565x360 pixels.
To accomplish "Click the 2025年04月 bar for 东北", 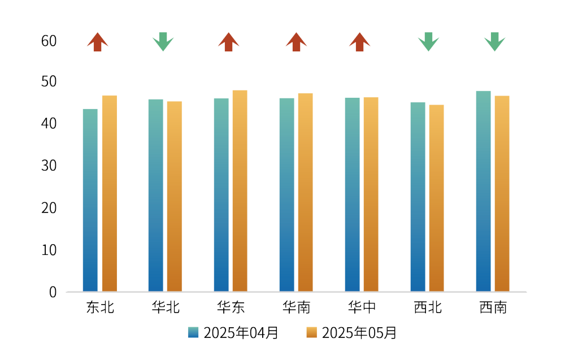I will [x=90, y=200].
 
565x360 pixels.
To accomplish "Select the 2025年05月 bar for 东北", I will [x=109, y=193].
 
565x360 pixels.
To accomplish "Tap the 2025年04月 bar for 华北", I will [x=155, y=196].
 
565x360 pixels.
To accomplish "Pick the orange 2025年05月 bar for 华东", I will [x=240, y=191].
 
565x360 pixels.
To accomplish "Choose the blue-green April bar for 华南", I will [x=286, y=195].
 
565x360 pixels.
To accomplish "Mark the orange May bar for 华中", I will [x=371, y=194].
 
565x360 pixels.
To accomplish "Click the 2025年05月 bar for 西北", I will [x=436, y=198].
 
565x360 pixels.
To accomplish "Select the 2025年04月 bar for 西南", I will [x=483, y=191].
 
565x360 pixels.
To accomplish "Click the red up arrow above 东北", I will [x=98, y=42].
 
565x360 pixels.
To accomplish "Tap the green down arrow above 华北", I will [x=163, y=42].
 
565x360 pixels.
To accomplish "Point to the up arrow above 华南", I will [x=296, y=42].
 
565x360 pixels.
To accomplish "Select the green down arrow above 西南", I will [x=494, y=42].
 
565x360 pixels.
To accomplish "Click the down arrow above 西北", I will [x=428, y=42].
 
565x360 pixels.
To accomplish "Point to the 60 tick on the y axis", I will [x=49, y=41].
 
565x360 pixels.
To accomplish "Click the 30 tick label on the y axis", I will [x=49, y=166].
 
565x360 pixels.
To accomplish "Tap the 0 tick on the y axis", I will [x=53, y=292].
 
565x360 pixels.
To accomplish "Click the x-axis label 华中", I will [x=362, y=307].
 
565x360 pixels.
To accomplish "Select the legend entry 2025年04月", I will [x=233, y=333].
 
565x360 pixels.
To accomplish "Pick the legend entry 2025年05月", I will [x=351, y=333].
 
